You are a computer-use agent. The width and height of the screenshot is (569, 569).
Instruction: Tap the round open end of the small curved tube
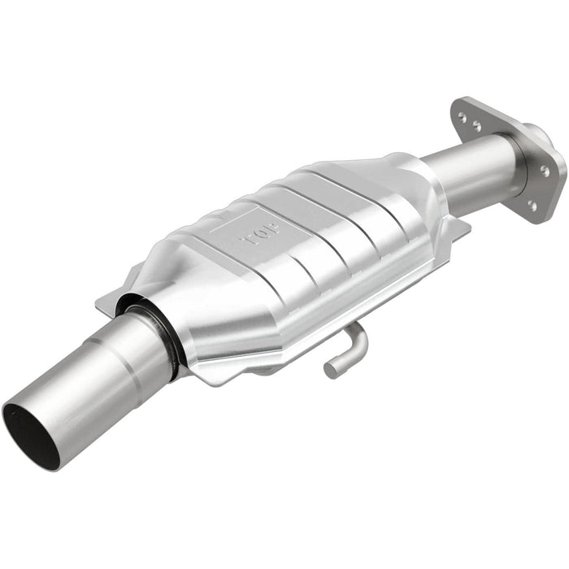(332, 370)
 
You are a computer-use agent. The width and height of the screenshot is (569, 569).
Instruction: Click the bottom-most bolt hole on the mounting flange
(532, 205)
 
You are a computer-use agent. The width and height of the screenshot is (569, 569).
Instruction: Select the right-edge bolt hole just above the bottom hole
(544, 172)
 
